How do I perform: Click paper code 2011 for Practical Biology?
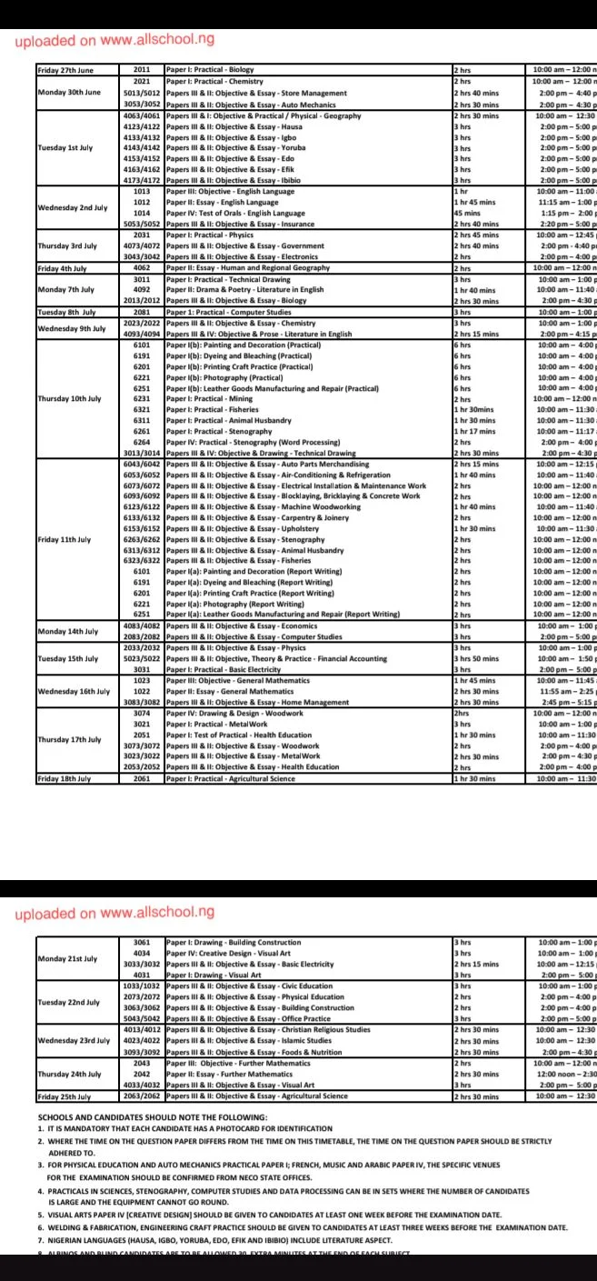tap(142, 69)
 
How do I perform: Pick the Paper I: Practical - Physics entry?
tap(209, 234)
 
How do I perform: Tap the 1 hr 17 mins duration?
tap(472, 431)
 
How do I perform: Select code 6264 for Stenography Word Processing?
tap(142, 442)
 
